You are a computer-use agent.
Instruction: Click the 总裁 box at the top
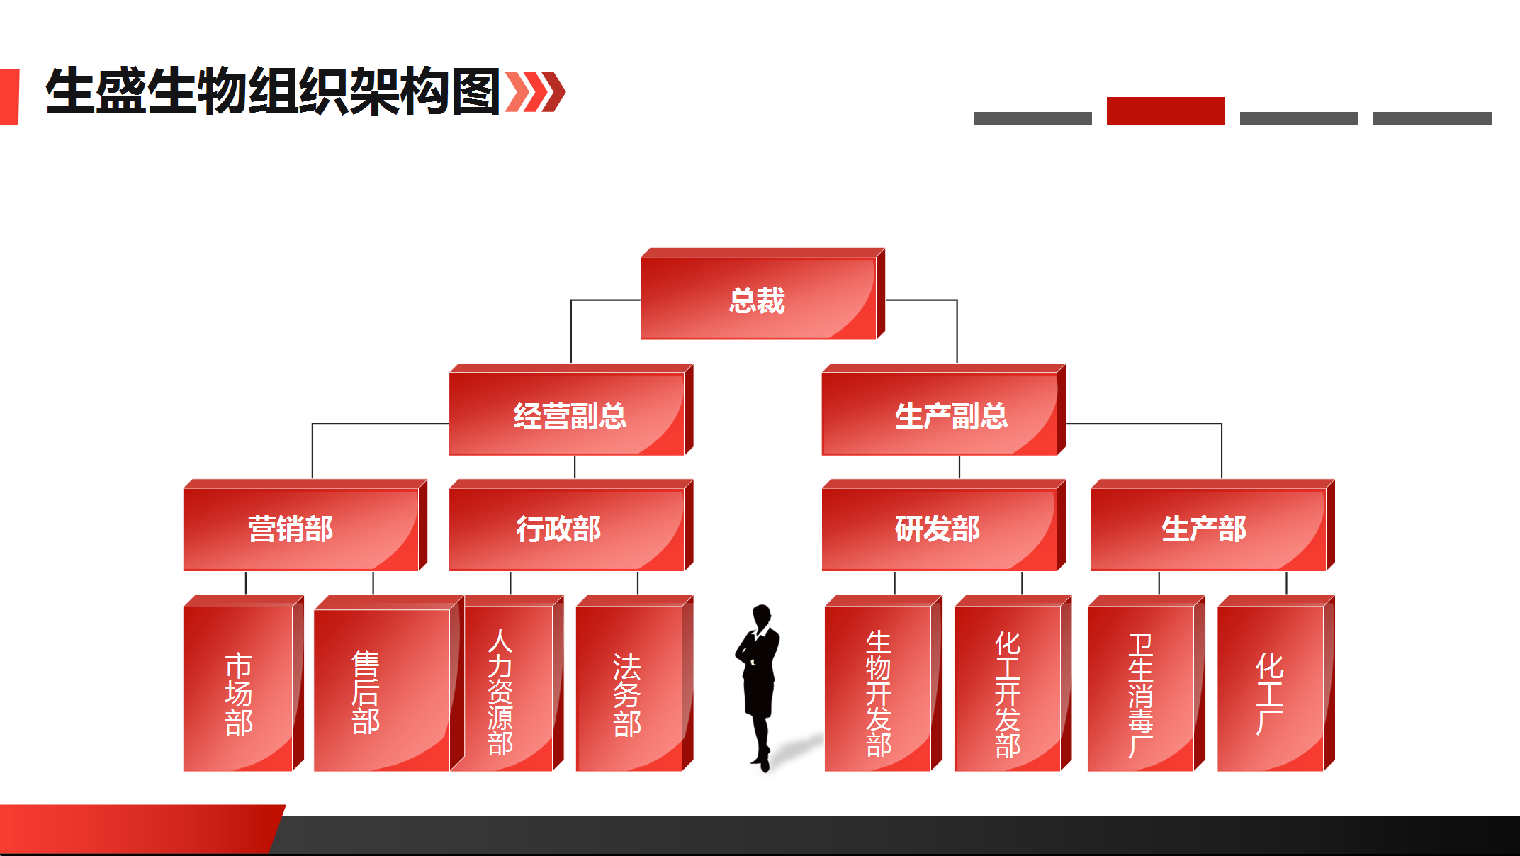[x=763, y=294]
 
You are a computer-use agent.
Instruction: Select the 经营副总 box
[x=571, y=410]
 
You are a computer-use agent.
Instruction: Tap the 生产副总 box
[x=944, y=410]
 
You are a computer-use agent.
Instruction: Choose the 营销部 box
[x=305, y=525]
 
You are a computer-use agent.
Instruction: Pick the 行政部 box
[x=571, y=525]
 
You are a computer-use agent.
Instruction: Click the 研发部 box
[x=944, y=525]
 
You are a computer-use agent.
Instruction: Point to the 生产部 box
[x=1212, y=525]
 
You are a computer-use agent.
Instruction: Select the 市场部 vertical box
[x=244, y=683]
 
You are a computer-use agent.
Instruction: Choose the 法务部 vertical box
[x=635, y=683]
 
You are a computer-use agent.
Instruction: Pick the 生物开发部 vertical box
[x=884, y=683]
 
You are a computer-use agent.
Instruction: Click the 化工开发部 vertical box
[x=1013, y=683]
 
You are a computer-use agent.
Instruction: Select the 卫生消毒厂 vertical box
[x=1147, y=683]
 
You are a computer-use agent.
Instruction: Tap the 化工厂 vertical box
[x=1276, y=683]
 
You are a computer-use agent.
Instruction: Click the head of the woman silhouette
[x=762, y=615]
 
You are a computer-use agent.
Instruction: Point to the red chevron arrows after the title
[x=536, y=91]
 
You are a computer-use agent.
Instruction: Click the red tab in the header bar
[x=1166, y=111]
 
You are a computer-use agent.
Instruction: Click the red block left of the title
[x=9, y=96]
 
